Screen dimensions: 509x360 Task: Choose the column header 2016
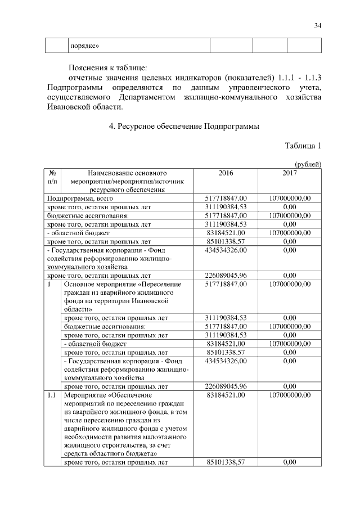pyautogui.click(x=225, y=173)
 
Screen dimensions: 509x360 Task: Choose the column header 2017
pyautogui.click(x=290, y=173)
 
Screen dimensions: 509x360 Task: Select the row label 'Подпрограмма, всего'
pyautogui.click(x=80, y=199)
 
